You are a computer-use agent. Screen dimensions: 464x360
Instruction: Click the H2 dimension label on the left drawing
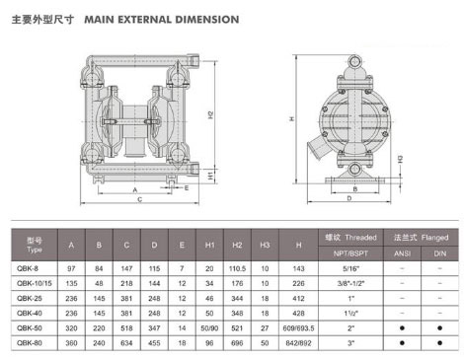[x=210, y=115]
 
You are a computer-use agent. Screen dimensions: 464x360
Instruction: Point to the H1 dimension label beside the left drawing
[x=210, y=176]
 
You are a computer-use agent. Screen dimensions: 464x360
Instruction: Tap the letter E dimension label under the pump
[x=187, y=187]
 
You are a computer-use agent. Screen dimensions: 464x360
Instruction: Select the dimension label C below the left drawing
[x=140, y=199]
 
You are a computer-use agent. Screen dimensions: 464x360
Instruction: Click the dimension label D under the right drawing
[x=349, y=198]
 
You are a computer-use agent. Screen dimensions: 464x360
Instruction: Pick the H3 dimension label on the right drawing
[x=400, y=159]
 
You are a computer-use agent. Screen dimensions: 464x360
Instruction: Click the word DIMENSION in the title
[x=207, y=20]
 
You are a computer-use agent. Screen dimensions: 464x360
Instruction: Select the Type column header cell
[x=35, y=245]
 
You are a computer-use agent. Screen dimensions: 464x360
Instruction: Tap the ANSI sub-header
[x=402, y=253]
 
